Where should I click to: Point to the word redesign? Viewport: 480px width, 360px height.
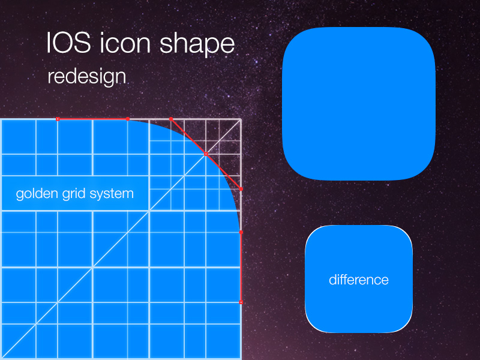tap(86, 76)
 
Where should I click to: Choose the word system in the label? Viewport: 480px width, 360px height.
tap(112, 194)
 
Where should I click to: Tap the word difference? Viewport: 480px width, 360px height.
tap(359, 280)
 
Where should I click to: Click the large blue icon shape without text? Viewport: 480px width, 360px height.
tap(359, 103)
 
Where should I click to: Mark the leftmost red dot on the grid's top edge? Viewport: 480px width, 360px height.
tap(58, 119)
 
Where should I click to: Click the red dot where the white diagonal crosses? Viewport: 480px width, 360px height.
tap(206, 154)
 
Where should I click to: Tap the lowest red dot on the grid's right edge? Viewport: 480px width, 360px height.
tap(241, 302)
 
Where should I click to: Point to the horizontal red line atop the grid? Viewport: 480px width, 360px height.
tap(93, 119)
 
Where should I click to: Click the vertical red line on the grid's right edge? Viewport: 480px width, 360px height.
tap(241, 267)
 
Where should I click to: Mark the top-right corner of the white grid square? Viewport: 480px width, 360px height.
tap(241, 119)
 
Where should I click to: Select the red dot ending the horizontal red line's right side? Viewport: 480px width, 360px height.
tap(128, 119)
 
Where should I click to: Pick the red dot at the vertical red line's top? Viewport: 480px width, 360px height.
tap(241, 232)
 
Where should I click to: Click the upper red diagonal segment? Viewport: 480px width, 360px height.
tap(188, 137)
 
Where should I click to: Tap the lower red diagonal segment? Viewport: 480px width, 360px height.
tap(223, 172)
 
